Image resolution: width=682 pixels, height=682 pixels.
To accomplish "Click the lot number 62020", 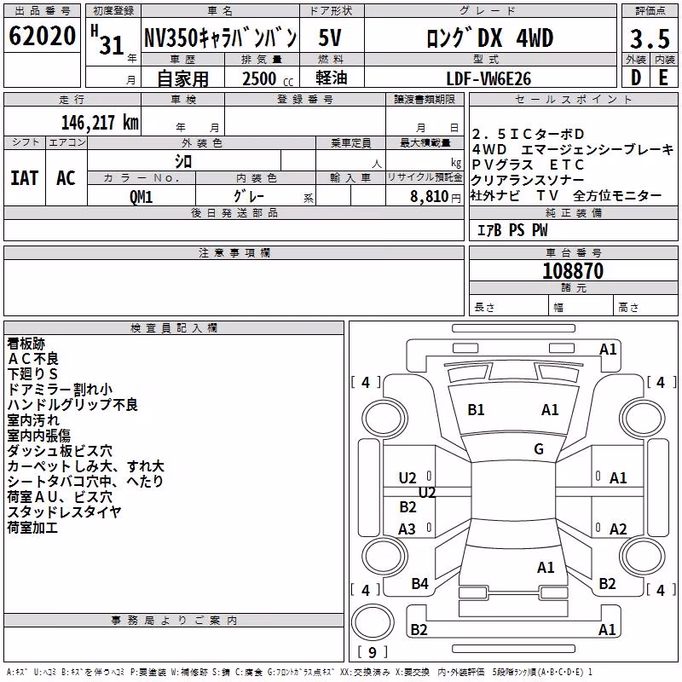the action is tap(42, 36).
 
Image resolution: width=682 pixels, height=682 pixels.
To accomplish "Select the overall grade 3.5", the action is tap(650, 38).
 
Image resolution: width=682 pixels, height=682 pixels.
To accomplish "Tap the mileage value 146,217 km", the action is tap(100, 123).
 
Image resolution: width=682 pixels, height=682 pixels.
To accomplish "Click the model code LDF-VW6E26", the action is tap(488, 78).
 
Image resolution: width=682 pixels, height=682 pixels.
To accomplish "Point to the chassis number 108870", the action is tap(573, 271).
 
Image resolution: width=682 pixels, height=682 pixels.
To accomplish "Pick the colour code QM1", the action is tap(141, 197).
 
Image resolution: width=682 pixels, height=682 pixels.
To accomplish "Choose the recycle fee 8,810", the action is tap(430, 197).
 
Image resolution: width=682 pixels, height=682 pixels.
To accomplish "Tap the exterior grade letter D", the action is tap(635, 78).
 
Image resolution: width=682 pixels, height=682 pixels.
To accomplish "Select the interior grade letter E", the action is tap(663, 78).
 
